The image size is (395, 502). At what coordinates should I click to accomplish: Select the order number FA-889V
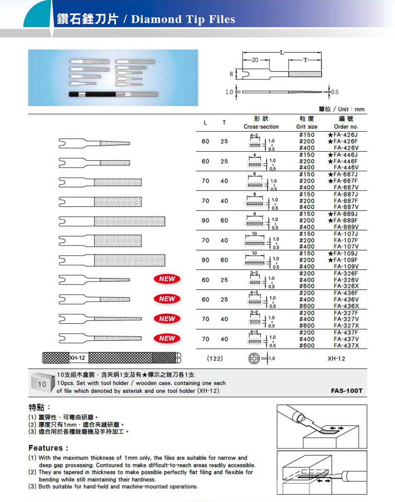pos(346,227)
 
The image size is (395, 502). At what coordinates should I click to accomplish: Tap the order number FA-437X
pos(346,345)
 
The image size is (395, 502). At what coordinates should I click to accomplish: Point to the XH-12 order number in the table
pos(336,358)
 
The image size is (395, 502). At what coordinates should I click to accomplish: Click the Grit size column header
pos(307,123)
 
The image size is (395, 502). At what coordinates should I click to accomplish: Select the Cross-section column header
pos(261,123)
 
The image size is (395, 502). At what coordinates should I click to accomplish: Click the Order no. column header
pos(346,123)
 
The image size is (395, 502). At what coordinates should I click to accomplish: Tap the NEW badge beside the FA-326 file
pos(167,279)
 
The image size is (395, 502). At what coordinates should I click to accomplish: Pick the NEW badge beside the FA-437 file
pos(167,338)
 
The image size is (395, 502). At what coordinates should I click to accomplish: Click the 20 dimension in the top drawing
pos(255,60)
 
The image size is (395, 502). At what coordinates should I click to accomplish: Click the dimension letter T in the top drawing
pos(305,60)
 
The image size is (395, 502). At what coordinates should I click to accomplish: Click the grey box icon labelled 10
pos(43,383)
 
